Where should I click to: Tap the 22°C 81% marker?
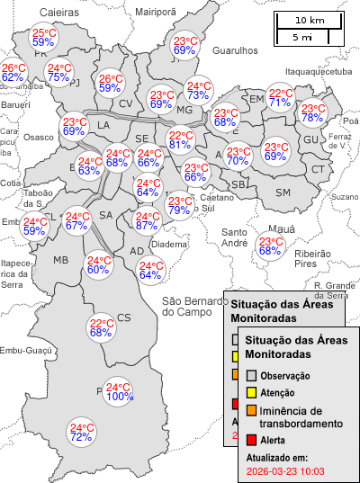pyautogui.click(x=178, y=139)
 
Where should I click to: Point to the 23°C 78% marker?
pyautogui.click(x=312, y=113)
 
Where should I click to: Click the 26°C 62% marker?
pyautogui.click(x=13, y=73)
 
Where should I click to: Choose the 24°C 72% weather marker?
pyautogui.click(x=82, y=433)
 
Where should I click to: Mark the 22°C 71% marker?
pyautogui.click(x=281, y=98)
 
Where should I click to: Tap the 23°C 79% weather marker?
pyautogui.click(x=179, y=205)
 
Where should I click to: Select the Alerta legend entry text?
pyautogui.click(x=273, y=440)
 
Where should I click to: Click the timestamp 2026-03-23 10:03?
pyautogui.click(x=284, y=470)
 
